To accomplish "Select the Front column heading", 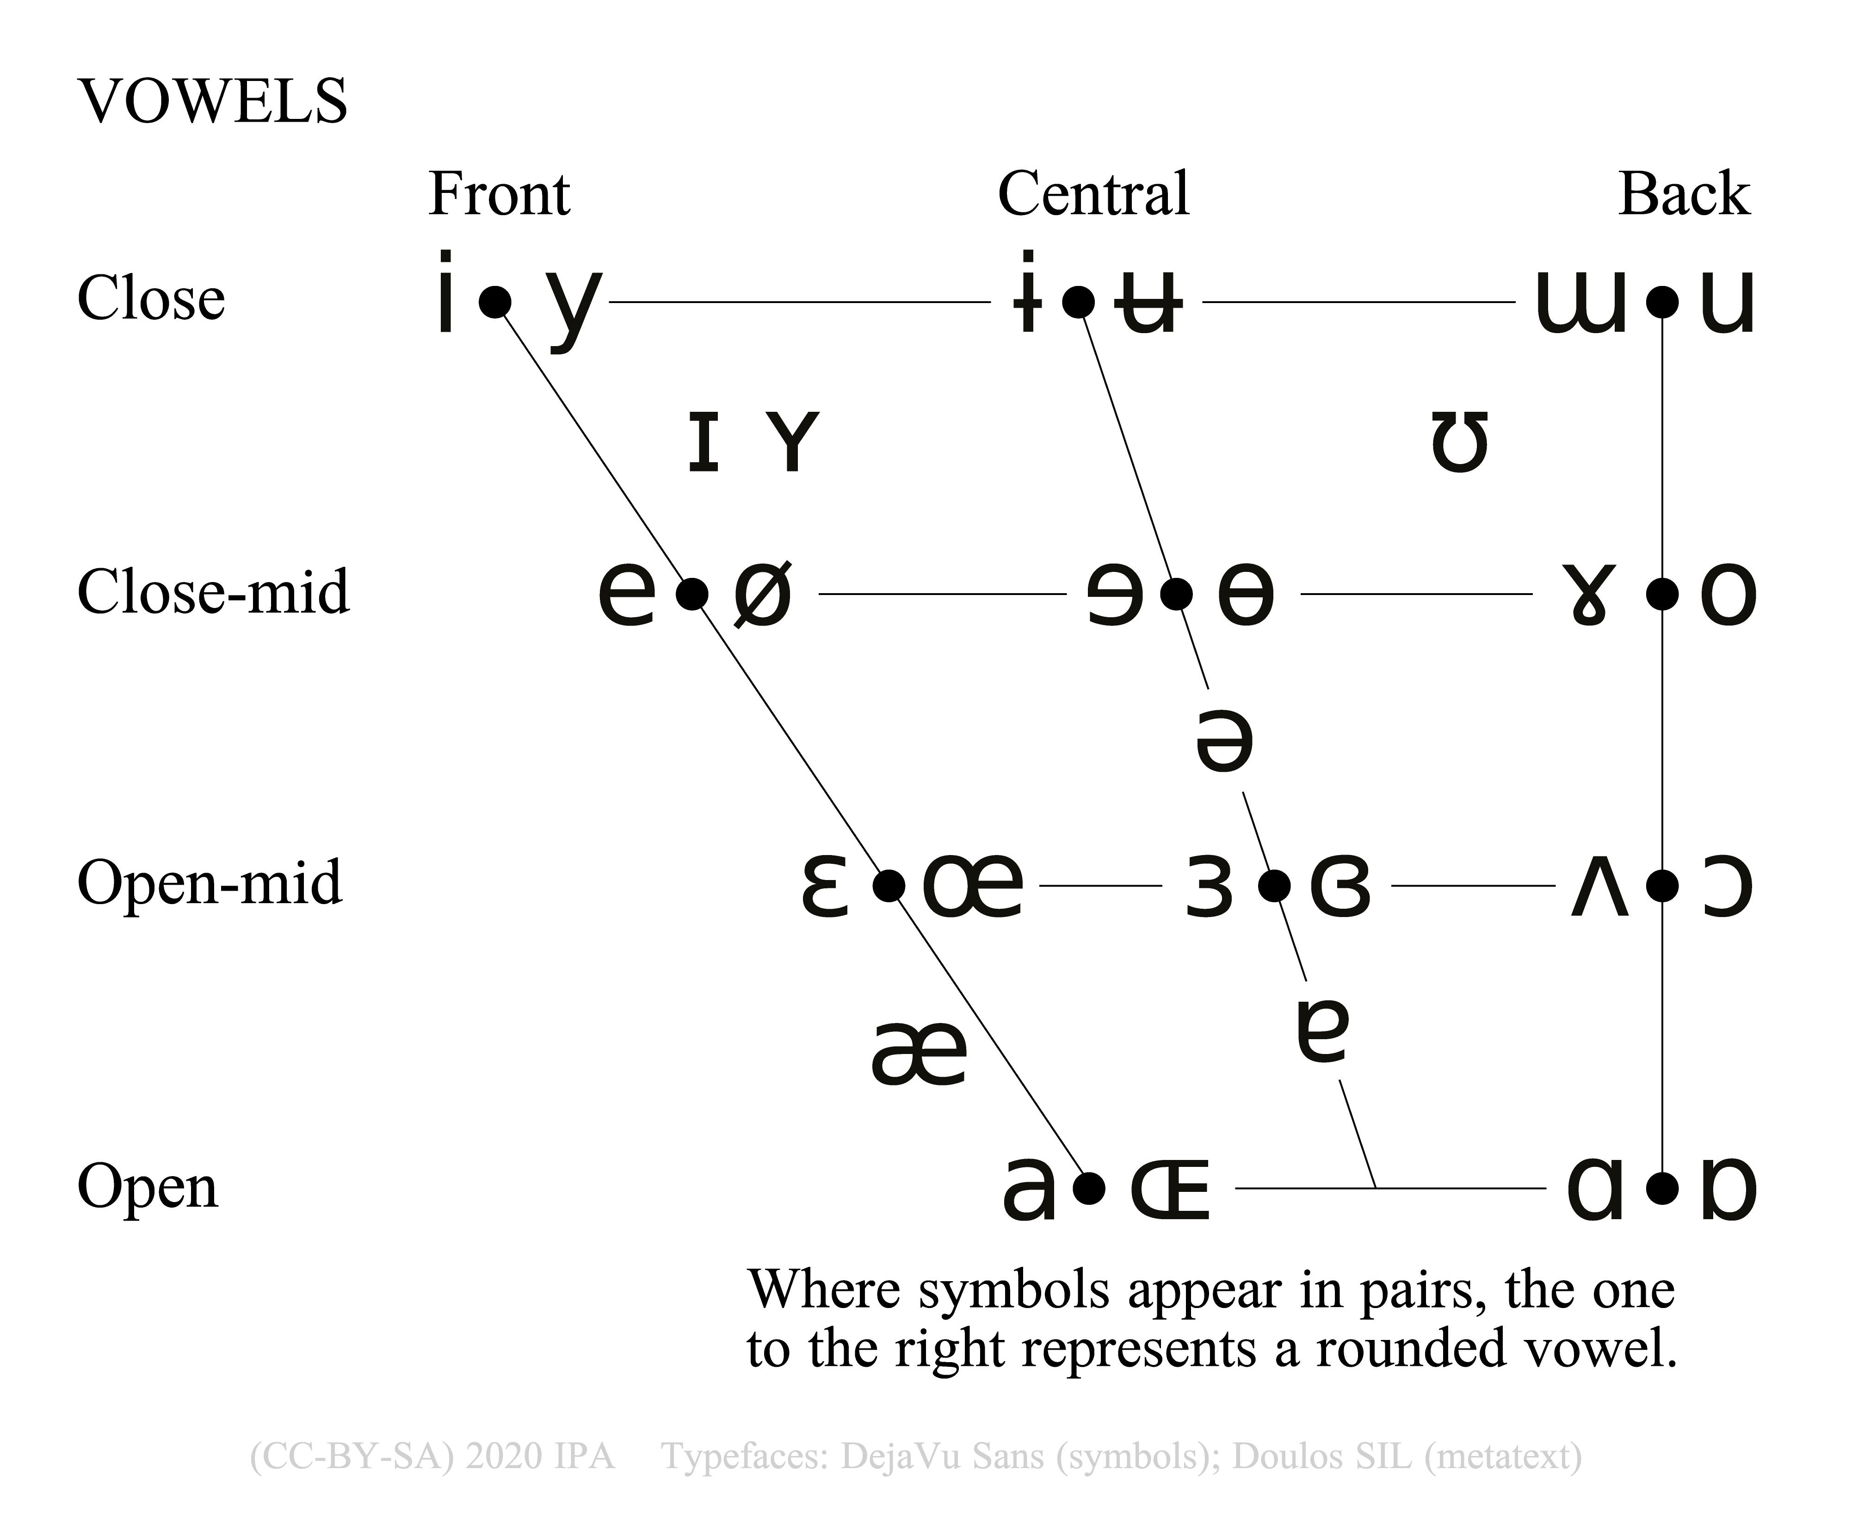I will point(499,194).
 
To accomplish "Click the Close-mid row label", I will point(213,592).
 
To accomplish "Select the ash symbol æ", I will point(919,1053).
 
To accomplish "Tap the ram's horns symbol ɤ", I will point(1588,595).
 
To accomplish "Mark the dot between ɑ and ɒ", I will point(1662,1188).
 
